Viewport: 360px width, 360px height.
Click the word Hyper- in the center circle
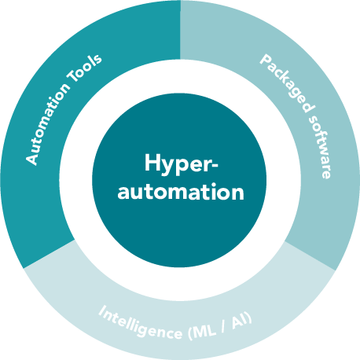click(180, 164)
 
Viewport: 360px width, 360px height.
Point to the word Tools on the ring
click(90, 65)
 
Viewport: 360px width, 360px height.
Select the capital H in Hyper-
click(151, 163)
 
